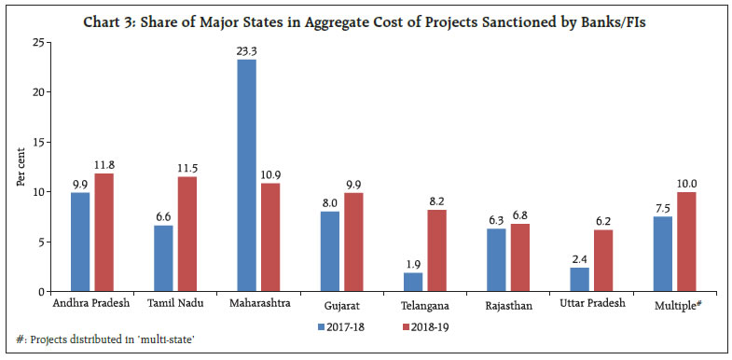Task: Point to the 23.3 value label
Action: click(x=246, y=51)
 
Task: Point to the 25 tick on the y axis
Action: click(x=35, y=42)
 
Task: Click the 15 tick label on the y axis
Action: click(x=35, y=142)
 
